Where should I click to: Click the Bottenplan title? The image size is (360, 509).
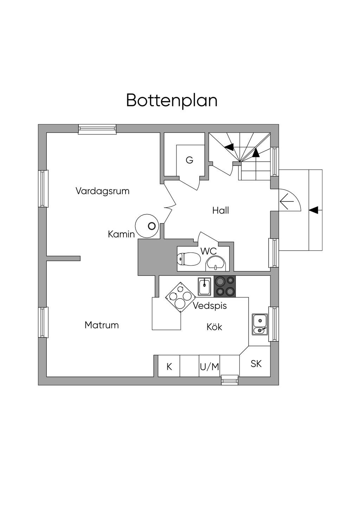(x=172, y=101)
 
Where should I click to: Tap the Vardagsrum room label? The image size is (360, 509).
(x=102, y=191)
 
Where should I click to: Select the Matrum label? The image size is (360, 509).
(x=102, y=325)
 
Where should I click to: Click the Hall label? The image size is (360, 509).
(x=220, y=211)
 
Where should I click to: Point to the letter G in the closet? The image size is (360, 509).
(x=189, y=160)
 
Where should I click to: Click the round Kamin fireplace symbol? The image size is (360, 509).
(x=146, y=226)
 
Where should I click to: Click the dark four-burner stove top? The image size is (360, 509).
(x=225, y=286)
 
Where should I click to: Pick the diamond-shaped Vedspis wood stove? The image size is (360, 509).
(x=180, y=297)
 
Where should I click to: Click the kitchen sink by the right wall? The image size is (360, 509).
(x=260, y=324)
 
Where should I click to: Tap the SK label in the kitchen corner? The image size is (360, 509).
(x=256, y=364)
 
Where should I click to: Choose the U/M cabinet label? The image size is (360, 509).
(x=209, y=367)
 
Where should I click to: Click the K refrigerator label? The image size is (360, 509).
(x=169, y=367)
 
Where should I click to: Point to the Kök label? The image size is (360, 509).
(x=214, y=327)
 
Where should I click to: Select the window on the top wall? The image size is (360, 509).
(x=97, y=129)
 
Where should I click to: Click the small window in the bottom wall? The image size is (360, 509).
(x=230, y=380)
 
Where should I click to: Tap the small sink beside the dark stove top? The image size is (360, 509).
(x=204, y=286)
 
